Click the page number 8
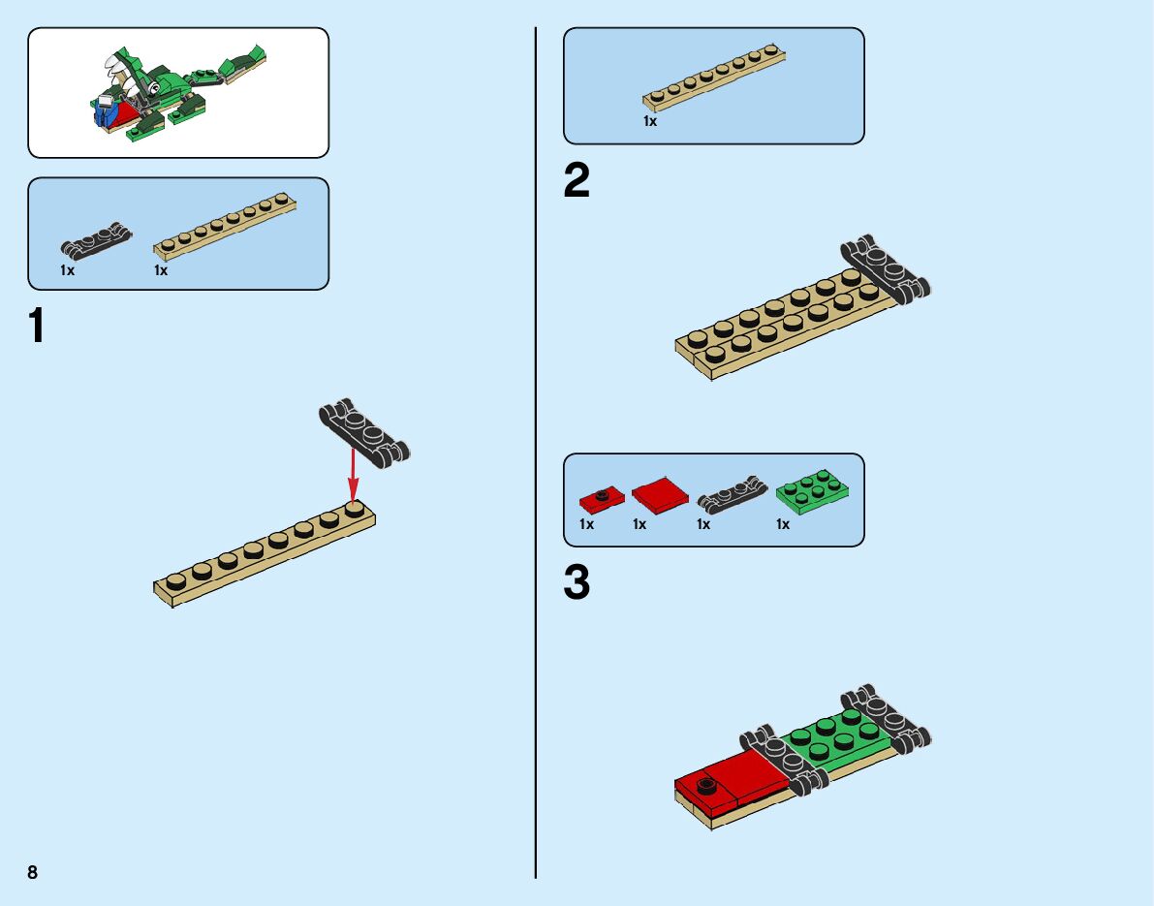pos(33,872)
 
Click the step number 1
pos(37,326)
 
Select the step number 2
pos(577,181)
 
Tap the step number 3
pos(577,583)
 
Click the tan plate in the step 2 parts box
pos(713,78)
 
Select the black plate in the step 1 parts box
pos(96,238)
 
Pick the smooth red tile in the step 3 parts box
pos(660,496)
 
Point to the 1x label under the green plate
pos(782,524)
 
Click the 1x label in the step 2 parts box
pos(650,122)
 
